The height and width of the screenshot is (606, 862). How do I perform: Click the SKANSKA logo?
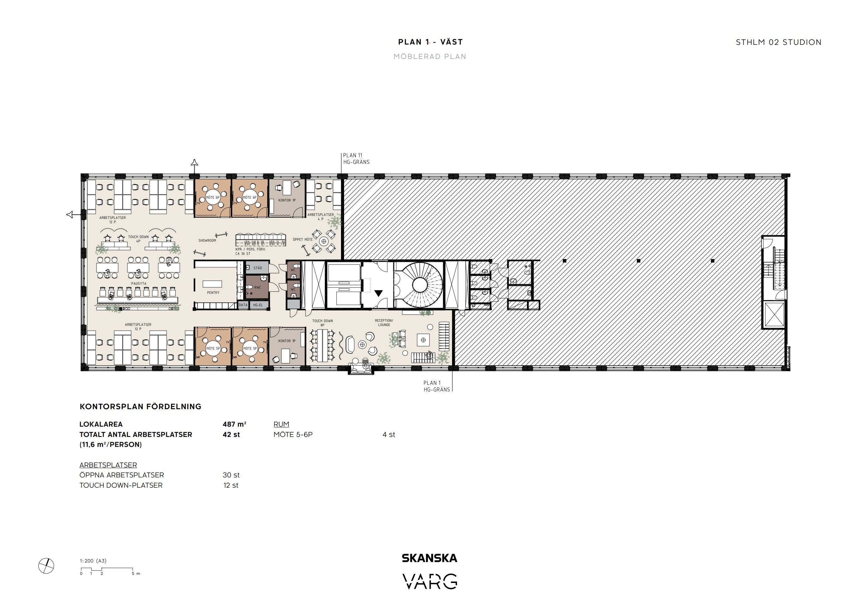[429, 558]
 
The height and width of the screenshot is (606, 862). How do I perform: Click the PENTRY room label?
[213, 292]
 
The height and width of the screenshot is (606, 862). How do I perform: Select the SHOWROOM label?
[207, 240]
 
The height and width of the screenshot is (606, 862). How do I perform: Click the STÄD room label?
[258, 268]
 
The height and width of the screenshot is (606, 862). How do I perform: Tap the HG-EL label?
[258, 305]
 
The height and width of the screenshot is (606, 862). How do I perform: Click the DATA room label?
[243, 305]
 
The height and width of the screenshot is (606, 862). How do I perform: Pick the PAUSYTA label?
[139, 283]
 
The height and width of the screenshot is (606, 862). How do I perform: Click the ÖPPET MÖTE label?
[303, 239]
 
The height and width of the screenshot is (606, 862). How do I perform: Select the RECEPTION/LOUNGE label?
[384, 323]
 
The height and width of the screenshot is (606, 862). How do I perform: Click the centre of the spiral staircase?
[419, 283]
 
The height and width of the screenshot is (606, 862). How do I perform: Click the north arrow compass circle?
[46, 566]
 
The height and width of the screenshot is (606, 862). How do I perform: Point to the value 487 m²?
[234, 424]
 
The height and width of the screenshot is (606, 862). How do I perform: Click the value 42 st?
[231, 434]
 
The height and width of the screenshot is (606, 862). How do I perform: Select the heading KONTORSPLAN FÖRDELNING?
[140, 407]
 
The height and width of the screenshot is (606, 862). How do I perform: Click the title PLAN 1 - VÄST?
[431, 42]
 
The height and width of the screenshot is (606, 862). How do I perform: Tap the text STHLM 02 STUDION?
[779, 42]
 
